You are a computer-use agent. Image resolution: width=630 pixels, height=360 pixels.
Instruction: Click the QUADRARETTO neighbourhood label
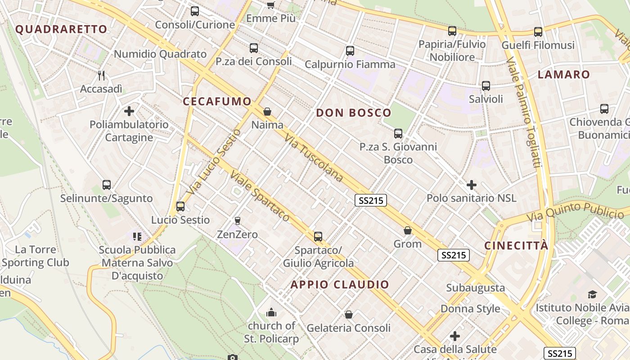click(61, 30)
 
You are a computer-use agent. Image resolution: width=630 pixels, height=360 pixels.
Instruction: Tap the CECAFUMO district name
click(217, 102)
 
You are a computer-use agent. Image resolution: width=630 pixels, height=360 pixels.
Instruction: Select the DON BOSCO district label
click(354, 113)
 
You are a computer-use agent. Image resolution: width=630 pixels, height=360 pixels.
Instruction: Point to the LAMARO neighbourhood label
click(563, 75)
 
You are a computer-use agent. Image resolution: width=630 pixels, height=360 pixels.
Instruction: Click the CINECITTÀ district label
click(516, 246)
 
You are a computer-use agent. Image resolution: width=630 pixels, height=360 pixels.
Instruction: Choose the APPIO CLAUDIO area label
click(340, 284)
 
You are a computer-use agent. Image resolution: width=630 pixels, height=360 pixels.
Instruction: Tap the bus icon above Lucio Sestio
click(180, 207)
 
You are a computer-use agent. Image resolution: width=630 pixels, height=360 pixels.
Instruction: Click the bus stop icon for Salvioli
click(486, 86)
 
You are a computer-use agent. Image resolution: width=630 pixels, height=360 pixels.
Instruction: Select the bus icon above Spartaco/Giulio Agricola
click(318, 236)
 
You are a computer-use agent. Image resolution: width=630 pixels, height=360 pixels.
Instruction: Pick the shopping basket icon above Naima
click(267, 111)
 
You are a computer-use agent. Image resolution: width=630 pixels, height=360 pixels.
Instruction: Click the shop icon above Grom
click(408, 230)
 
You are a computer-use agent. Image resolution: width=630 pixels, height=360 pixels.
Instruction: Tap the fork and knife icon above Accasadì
click(101, 76)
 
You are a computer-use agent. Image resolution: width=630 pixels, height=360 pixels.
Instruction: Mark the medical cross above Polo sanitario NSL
click(472, 184)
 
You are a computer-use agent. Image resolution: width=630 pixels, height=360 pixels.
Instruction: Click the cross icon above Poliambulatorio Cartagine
click(129, 111)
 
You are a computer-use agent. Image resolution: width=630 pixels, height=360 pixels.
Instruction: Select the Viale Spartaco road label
click(260, 196)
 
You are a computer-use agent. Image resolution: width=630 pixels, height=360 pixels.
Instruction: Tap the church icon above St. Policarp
click(271, 312)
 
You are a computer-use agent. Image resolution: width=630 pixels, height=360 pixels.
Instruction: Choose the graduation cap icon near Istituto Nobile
click(592, 295)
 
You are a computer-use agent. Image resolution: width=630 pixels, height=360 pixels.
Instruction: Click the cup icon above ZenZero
click(237, 220)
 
